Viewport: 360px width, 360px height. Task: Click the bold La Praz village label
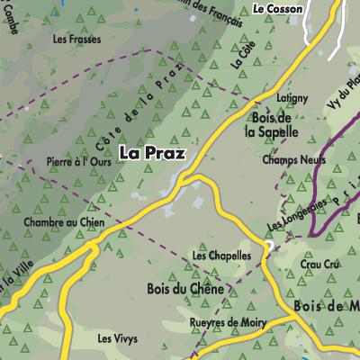151,153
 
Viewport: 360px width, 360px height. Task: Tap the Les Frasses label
76,40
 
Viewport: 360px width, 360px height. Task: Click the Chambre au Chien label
65,222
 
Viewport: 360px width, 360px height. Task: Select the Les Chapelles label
221,256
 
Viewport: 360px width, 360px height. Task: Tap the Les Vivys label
118,338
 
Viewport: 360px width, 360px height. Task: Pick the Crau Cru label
321,264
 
